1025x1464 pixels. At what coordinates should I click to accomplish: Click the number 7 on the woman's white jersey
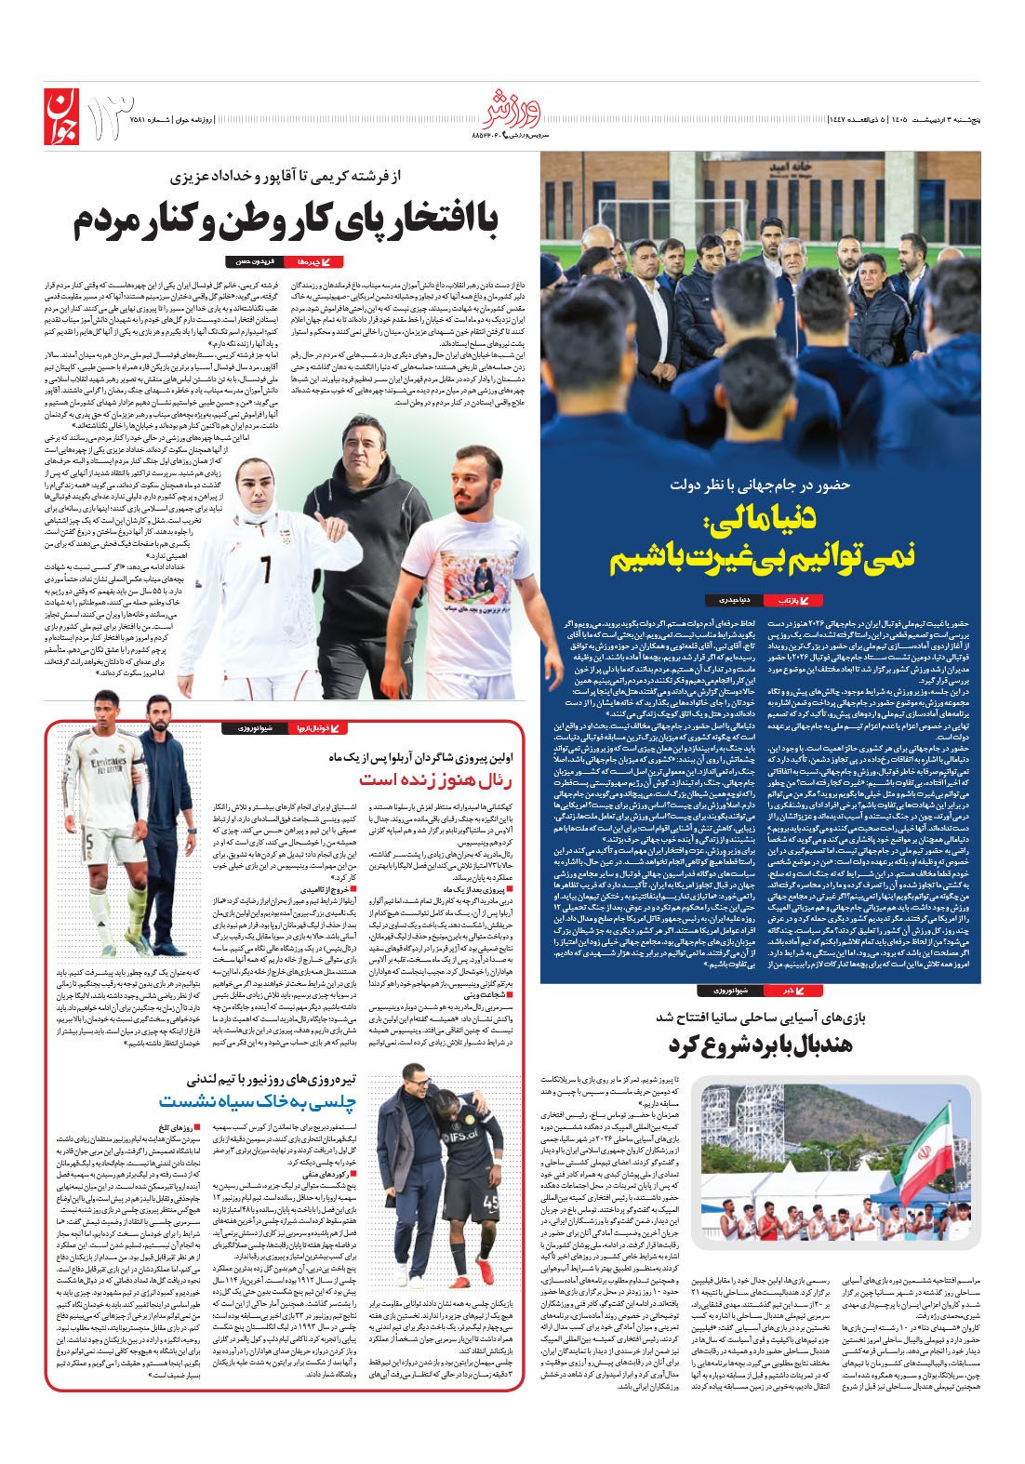266,566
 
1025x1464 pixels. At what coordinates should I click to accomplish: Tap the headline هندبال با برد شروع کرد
759,1045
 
